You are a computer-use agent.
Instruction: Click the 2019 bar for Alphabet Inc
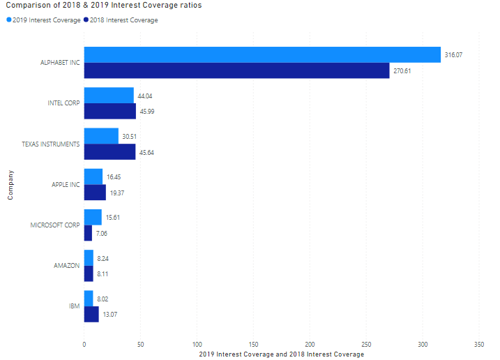(262, 54)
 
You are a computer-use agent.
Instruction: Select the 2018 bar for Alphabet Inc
(236, 70)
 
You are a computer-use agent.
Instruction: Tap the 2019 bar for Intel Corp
(109, 96)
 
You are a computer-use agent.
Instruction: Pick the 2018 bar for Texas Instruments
(109, 152)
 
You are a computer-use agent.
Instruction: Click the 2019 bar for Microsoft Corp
(93, 217)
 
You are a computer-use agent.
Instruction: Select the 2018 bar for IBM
(91, 315)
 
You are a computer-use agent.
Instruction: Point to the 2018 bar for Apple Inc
(95, 193)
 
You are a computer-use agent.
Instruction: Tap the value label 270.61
(402, 70)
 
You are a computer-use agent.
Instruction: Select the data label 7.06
(101, 233)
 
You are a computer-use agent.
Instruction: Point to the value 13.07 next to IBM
(110, 315)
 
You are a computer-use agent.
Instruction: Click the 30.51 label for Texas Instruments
(130, 136)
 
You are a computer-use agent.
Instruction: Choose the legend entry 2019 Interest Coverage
(43, 20)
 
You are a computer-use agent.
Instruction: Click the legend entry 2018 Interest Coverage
(121, 20)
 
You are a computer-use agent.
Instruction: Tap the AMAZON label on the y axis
(67, 266)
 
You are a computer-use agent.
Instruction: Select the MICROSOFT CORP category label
(55, 225)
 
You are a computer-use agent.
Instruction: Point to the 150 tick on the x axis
(253, 345)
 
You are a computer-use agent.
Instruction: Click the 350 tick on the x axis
(478, 345)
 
